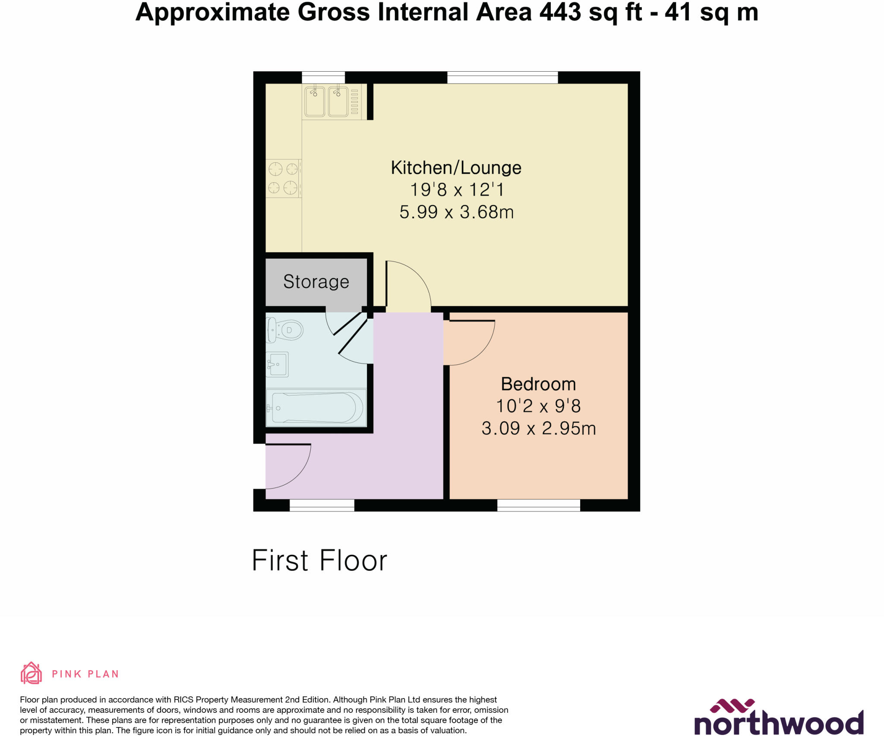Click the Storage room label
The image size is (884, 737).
(x=316, y=282)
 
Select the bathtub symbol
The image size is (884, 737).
(x=316, y=408)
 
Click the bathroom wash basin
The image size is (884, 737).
(x=277, y=364)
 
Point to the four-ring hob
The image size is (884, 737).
(x=283, y=178)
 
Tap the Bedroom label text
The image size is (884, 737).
(x=538, y=384)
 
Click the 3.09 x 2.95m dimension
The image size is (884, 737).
(x=538, y=429)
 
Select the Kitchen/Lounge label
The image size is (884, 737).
(x=456, y=168)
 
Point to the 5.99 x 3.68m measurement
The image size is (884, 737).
(x=456, y=212)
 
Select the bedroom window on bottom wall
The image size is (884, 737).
(x=538, y=505)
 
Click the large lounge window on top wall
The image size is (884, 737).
(x=502, y=78)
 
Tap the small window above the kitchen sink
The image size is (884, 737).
(x=323, y=78)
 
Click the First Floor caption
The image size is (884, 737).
(x=319, y=561)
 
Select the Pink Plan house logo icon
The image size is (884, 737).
(x=31, y=673)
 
